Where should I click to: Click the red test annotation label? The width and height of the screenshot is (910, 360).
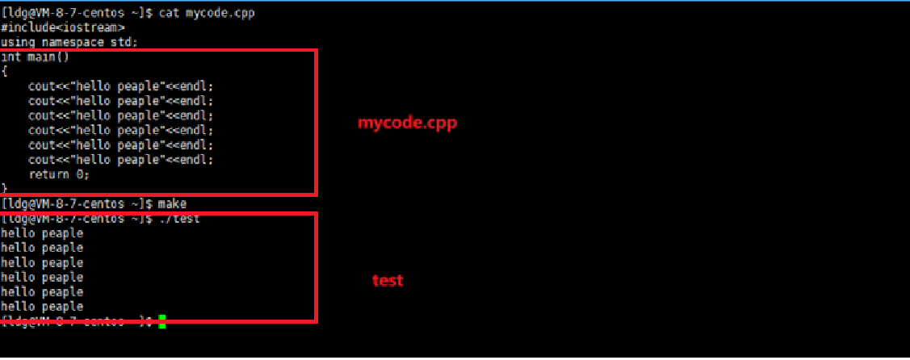tap(388, 281)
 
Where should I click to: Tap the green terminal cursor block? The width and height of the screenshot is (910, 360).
tap(162, 322)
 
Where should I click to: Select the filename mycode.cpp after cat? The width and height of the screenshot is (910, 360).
tap(216, 13)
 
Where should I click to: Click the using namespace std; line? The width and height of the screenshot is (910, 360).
tap(69, 42)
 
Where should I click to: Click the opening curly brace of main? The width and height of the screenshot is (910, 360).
tap(5, 71)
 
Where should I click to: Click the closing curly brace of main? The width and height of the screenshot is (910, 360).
tap(5, 188)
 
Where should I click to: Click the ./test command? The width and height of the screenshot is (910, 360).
tap(178, 218)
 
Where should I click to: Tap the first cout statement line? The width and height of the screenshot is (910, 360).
tap(122, 86)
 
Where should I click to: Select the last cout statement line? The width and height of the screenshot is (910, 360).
tap(122, 160)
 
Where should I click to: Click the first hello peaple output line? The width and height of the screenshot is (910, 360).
tap(42, 233)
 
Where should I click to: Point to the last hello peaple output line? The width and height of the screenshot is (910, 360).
tap(42, 307)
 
